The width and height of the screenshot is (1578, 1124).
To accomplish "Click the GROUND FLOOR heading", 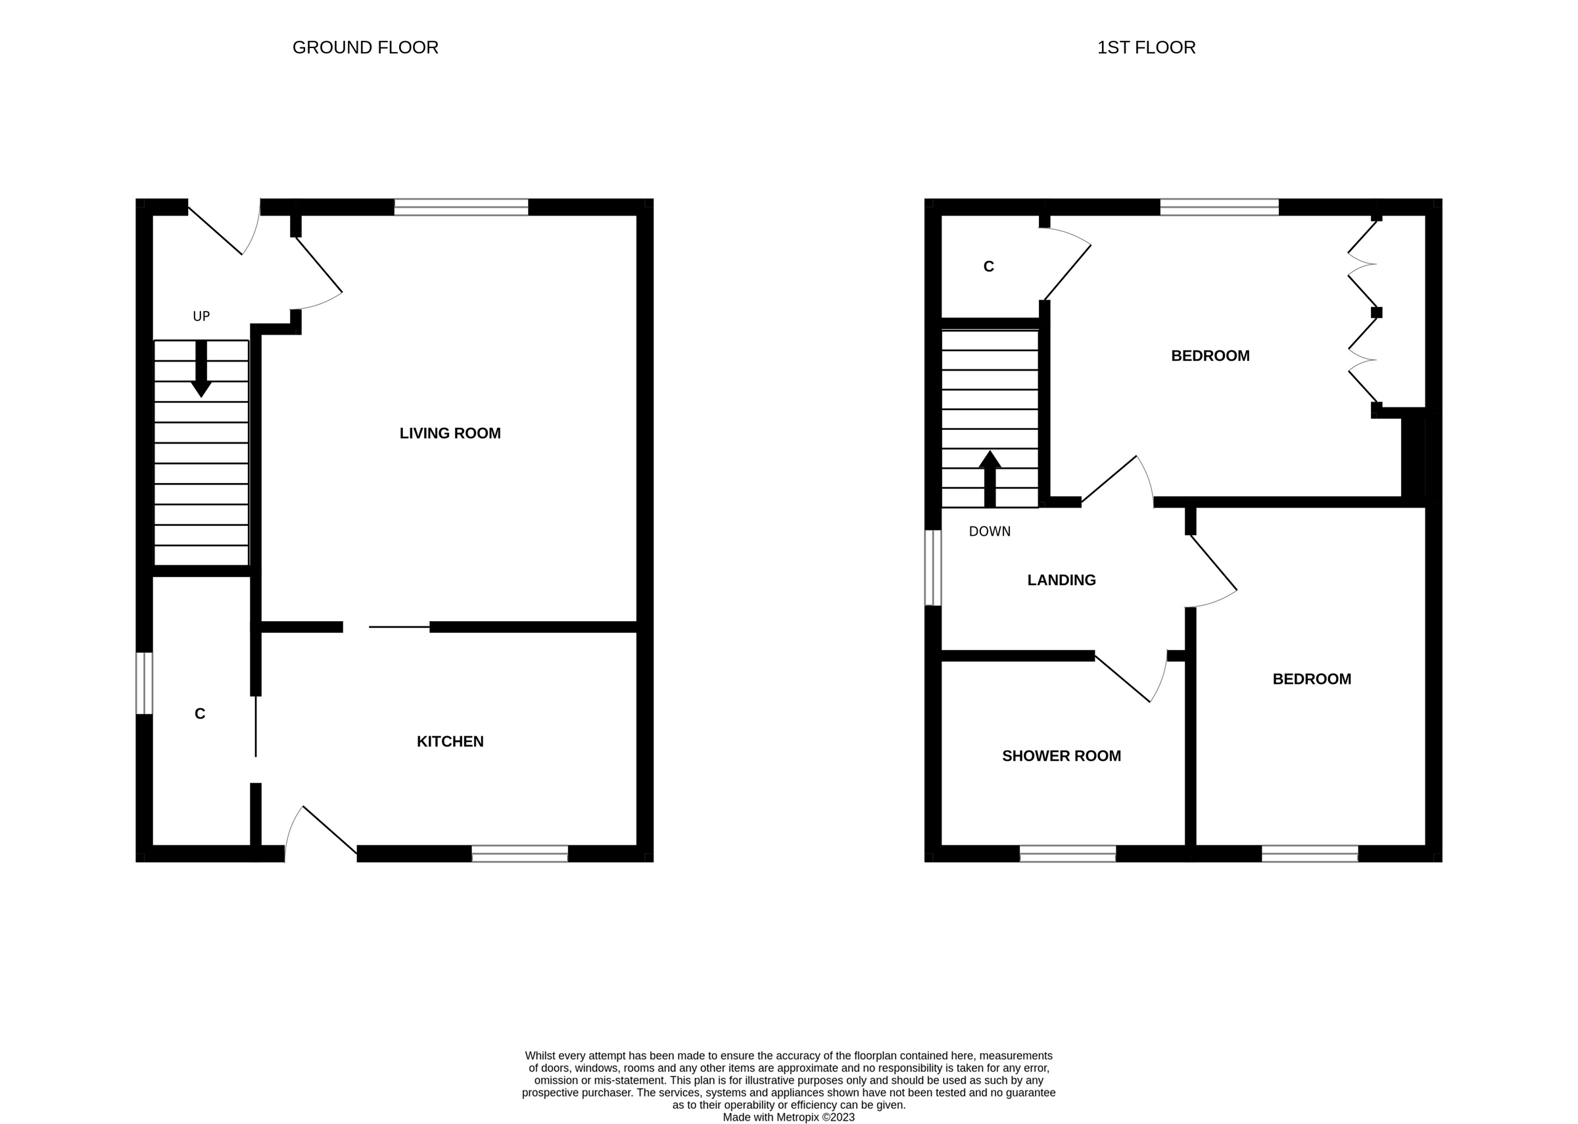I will [x=365, y=47].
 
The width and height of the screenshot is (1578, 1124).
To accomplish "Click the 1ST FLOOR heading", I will [x=1145, y=47].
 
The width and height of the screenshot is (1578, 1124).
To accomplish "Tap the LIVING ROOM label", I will [x=450, y=433].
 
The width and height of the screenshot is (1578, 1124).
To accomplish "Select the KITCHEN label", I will [x=450, y=741].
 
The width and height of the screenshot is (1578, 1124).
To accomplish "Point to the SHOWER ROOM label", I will [x=1061, y=756].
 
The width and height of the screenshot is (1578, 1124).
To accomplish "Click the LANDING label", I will [x=1061, y=580].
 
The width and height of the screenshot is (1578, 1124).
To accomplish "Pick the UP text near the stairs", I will [x=201, y=316].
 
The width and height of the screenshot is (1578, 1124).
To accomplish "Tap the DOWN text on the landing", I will [x=989, y=532].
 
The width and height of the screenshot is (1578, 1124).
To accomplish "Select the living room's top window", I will [x=461, y=207].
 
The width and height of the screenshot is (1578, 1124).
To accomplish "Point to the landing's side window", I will [x=933, y=567].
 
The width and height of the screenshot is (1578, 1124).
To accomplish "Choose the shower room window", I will [x=1067, y=854].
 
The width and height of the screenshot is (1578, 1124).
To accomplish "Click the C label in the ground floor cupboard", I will [x=200, y=714].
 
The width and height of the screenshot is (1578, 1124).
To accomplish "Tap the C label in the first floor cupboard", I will [x=988, y=266].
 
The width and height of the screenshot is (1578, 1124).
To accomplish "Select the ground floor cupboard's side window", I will [x=144, y=683].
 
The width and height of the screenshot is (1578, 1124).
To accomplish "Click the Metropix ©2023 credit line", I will [x=788, y=1117].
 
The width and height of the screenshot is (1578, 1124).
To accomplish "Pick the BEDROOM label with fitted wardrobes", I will [x=1210, y=356].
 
